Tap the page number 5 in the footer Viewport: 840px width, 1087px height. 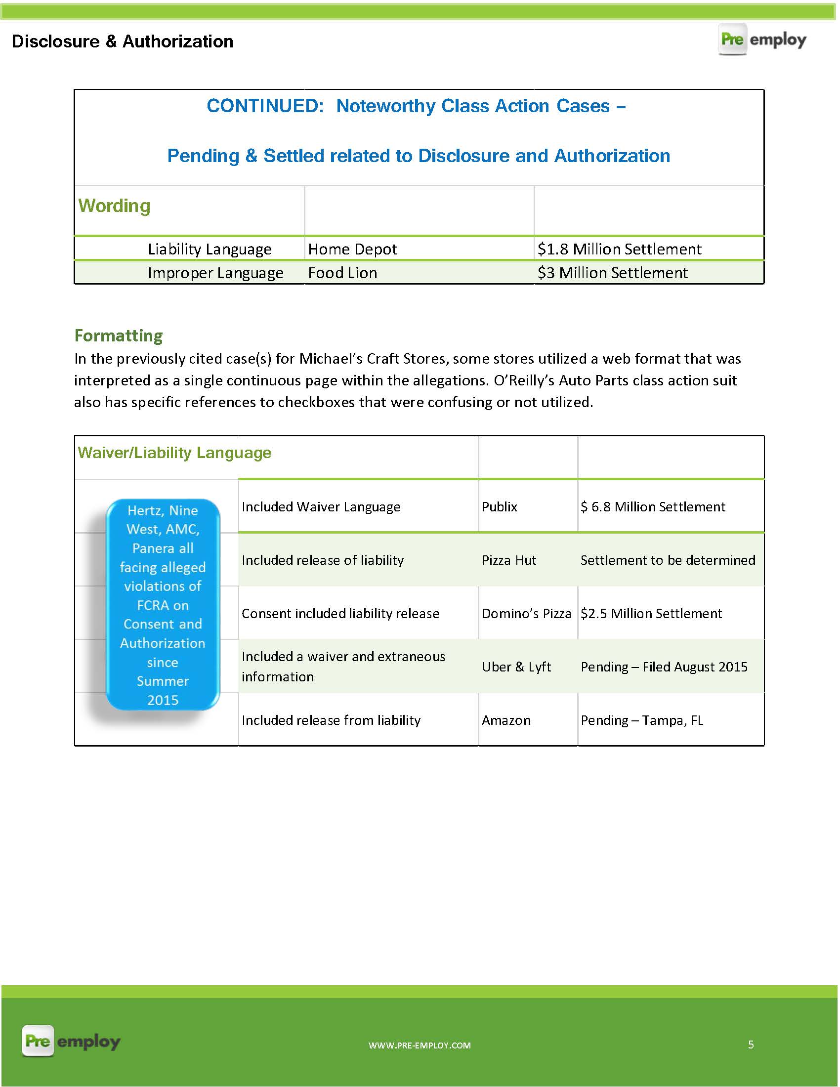point(751,1044)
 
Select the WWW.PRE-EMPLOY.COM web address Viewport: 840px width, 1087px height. point(420,1045)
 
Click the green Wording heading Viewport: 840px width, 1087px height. point(114,206)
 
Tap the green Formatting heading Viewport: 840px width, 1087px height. point(119,335)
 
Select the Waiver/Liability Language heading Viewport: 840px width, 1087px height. point(174,453)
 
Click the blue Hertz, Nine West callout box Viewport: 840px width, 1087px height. point(163,605)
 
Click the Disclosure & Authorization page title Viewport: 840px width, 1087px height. point(123,42)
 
